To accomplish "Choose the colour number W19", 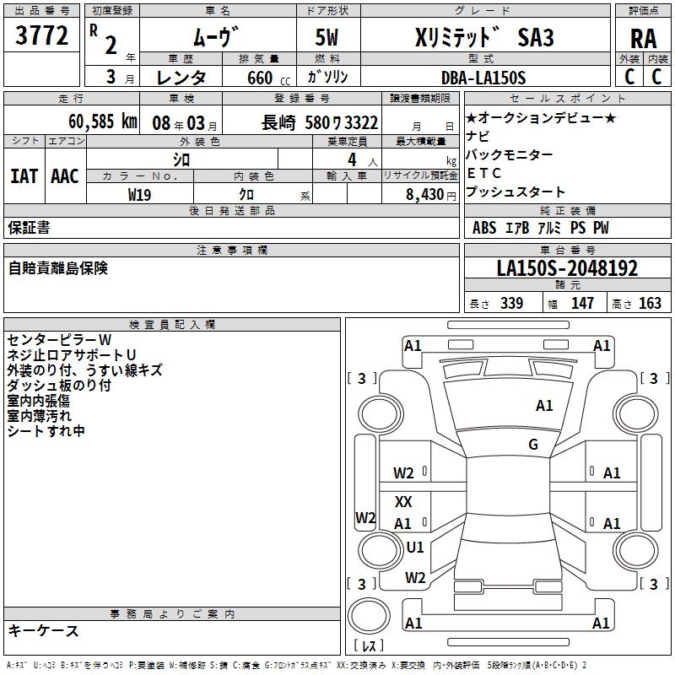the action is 140,194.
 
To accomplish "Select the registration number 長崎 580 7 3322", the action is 321,122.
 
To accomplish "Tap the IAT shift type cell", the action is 24,176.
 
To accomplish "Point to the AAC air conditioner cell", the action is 65,176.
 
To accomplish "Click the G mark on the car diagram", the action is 533,445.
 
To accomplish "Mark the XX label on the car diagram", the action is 404,502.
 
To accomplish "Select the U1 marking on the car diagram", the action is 415,547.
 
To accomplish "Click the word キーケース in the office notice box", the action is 43,630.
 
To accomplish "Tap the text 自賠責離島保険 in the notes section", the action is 58,268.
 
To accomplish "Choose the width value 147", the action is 582,304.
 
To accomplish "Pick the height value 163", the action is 650,304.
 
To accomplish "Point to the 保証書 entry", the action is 30,227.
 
